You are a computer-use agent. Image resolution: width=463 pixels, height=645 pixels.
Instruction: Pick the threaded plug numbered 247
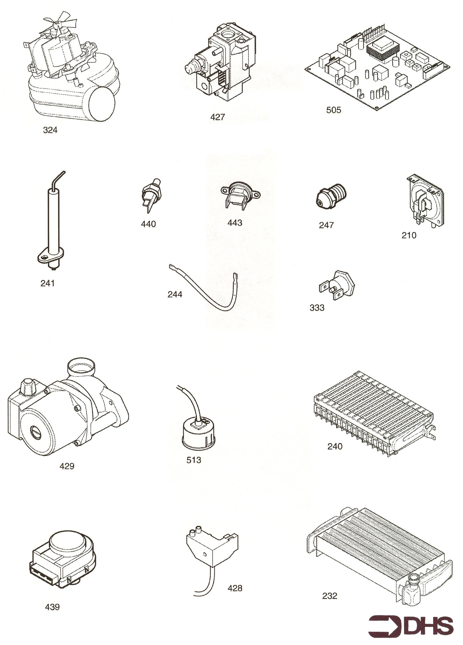pos(331,196)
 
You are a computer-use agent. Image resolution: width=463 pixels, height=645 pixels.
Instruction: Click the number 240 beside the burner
pos(335,447)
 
